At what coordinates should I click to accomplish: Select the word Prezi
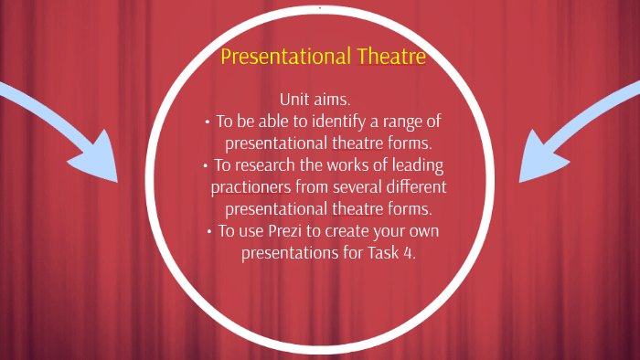(301, 232)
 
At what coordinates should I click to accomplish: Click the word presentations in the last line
(290, 254)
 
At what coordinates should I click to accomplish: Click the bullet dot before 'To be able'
(207, 122)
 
